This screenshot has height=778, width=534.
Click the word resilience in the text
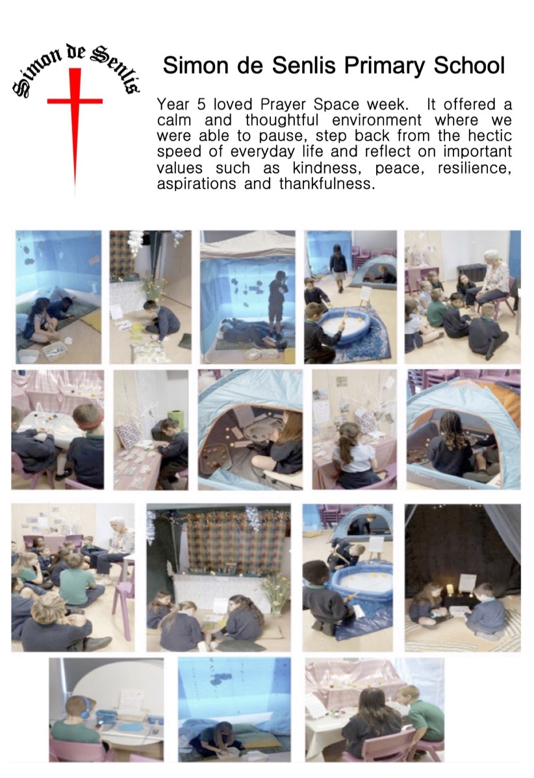tap(474, 168)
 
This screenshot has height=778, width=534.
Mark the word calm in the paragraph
tap(173, 121)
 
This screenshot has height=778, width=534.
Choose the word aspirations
tap(197, 184)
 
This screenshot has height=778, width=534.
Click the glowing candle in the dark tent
tap(450, 589)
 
